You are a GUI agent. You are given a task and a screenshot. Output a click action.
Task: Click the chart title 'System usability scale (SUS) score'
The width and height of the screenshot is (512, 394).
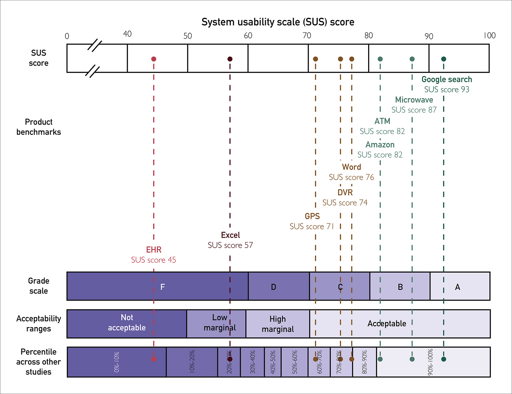(278, 22)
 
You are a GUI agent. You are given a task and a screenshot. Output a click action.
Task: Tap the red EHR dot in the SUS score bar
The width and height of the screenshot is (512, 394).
(154, 59)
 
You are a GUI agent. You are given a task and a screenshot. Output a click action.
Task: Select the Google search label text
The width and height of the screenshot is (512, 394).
(447, 80)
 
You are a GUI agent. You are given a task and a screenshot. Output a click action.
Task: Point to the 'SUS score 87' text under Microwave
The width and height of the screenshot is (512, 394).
(414, 110)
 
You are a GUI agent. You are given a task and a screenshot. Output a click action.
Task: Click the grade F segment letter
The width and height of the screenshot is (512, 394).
(162, 287)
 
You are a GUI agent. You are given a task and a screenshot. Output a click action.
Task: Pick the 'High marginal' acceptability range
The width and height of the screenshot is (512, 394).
(277, 324)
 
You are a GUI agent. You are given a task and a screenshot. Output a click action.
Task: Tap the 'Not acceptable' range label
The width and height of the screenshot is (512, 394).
(127, 323)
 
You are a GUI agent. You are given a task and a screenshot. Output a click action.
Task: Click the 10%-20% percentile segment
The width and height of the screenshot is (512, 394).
(192, 362)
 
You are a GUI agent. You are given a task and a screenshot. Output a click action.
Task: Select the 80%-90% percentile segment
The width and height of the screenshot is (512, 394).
(364, 362)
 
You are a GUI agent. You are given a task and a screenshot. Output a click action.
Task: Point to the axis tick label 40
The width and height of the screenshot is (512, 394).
(127, 34)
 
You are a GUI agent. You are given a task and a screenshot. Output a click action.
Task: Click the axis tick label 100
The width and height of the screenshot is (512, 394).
(489, 35)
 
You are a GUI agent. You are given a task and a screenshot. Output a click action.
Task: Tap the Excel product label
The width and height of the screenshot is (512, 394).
(230, 235)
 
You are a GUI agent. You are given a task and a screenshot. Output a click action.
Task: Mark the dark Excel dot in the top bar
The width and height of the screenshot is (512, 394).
(230, 59)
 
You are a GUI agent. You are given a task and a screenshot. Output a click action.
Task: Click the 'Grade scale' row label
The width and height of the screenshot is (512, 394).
(39, 286)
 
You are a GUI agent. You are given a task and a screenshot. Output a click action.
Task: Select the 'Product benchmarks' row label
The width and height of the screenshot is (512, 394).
(39, 127)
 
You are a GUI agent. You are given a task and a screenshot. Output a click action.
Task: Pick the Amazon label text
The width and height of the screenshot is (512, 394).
(380, 145)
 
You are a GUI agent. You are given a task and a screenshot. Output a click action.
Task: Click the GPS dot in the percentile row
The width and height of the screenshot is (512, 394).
(315, 359)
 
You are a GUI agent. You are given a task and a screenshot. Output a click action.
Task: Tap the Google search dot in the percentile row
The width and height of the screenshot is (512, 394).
(444, 359)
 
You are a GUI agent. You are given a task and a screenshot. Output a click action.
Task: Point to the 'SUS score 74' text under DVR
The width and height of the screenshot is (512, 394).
(345, 203)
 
